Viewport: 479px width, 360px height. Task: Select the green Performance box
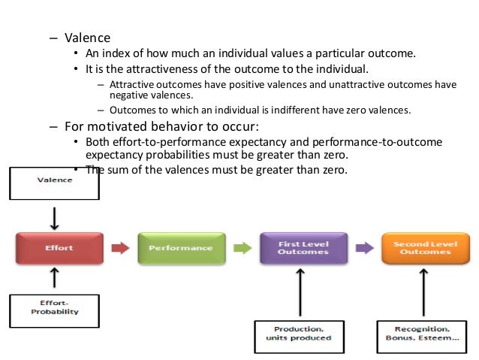[x=179, y=247]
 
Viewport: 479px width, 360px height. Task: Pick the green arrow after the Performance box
[x=240, y=247]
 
